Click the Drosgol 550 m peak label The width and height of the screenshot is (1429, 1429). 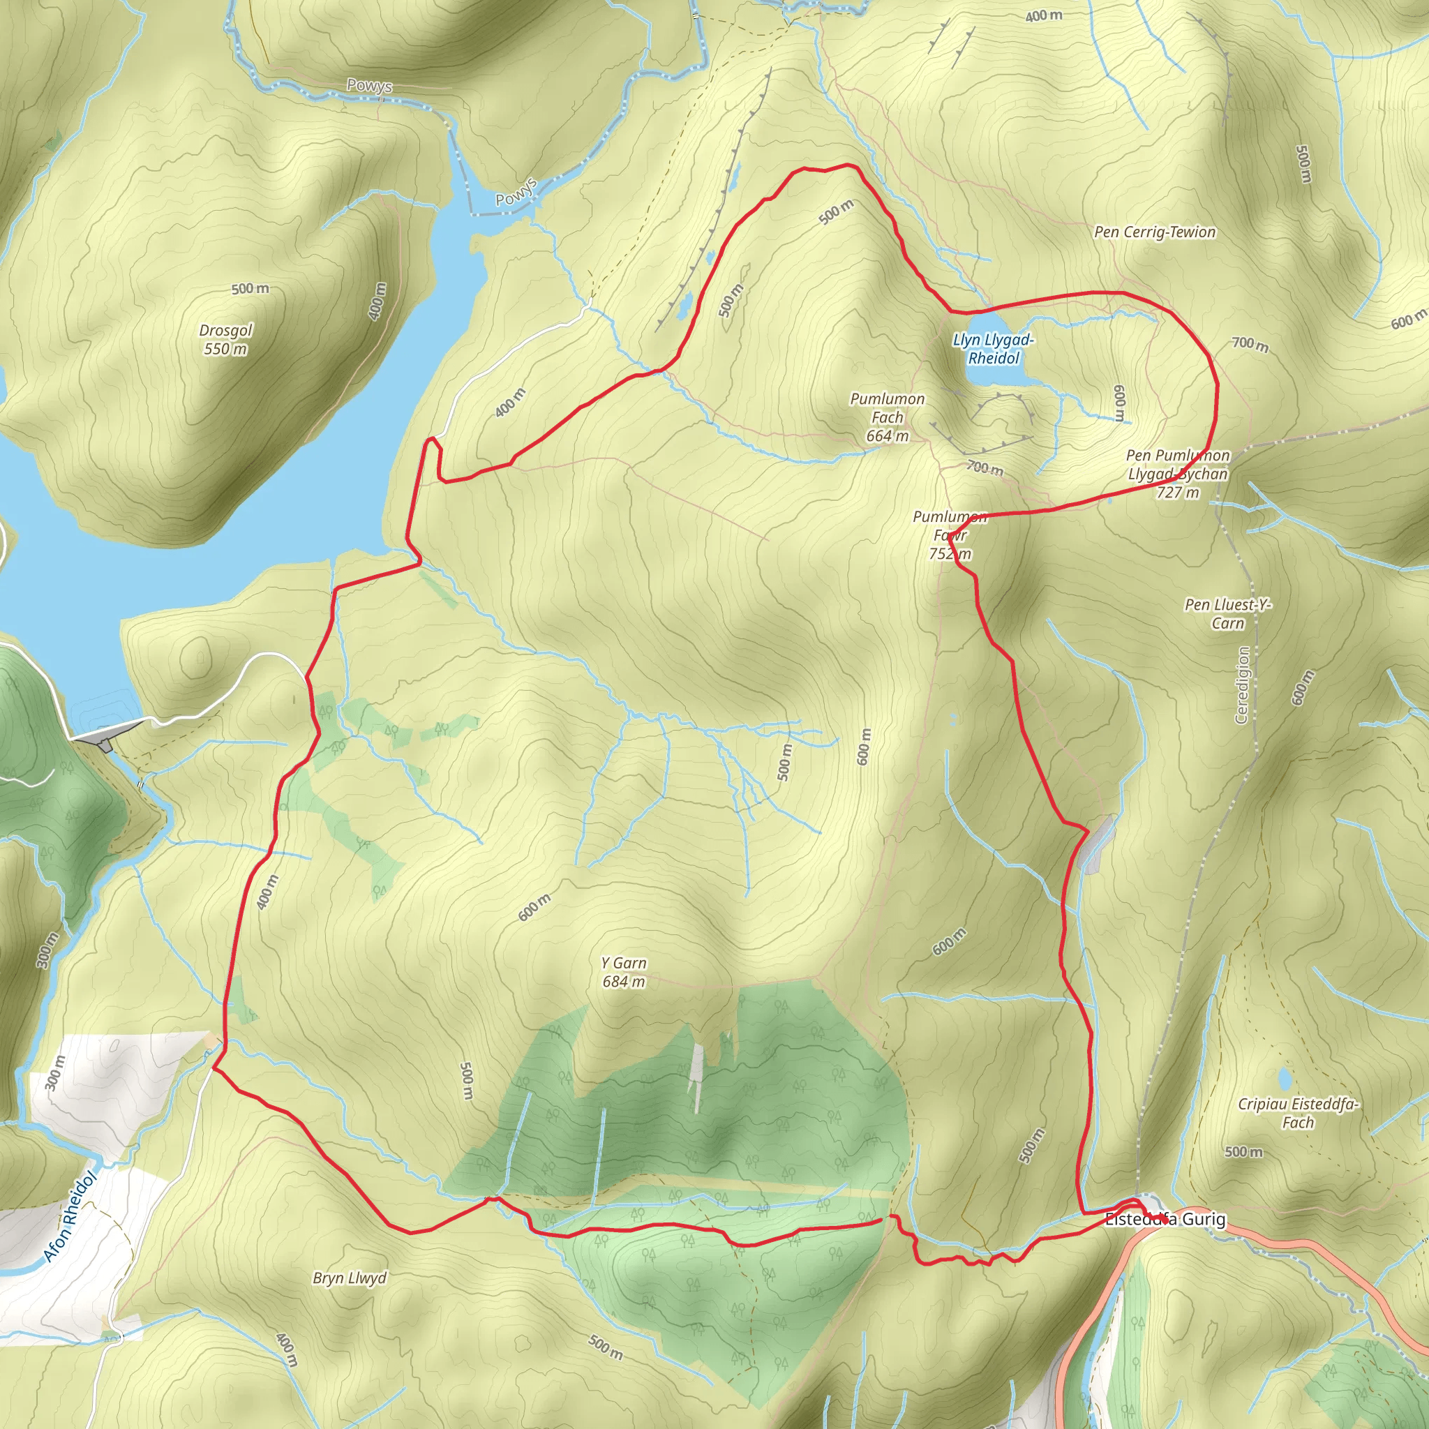tap(225, 340)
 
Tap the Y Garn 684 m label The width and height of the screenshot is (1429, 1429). tap(624, 972)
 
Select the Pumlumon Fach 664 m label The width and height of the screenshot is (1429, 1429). tap(887, 417)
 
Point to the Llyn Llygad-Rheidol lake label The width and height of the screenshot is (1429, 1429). tap(994, 349)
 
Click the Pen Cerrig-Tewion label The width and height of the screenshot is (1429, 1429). tap(1155, 232)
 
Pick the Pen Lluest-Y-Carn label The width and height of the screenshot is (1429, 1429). tap(1228, 614)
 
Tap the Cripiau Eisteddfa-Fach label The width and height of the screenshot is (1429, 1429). tap(1298, 1112)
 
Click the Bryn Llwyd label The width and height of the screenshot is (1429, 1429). tap(349, 1278)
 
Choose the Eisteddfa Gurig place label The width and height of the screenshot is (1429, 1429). tap(1165, 1219)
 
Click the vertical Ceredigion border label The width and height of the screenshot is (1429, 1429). tap(1243, 685)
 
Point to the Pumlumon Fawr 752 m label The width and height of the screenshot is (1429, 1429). tap(950, 534)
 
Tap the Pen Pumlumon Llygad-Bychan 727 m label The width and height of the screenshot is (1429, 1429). tap(1178, 474)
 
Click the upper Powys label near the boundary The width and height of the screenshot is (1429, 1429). tap(369, 86)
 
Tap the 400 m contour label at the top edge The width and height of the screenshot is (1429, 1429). tap(1044, 15)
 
